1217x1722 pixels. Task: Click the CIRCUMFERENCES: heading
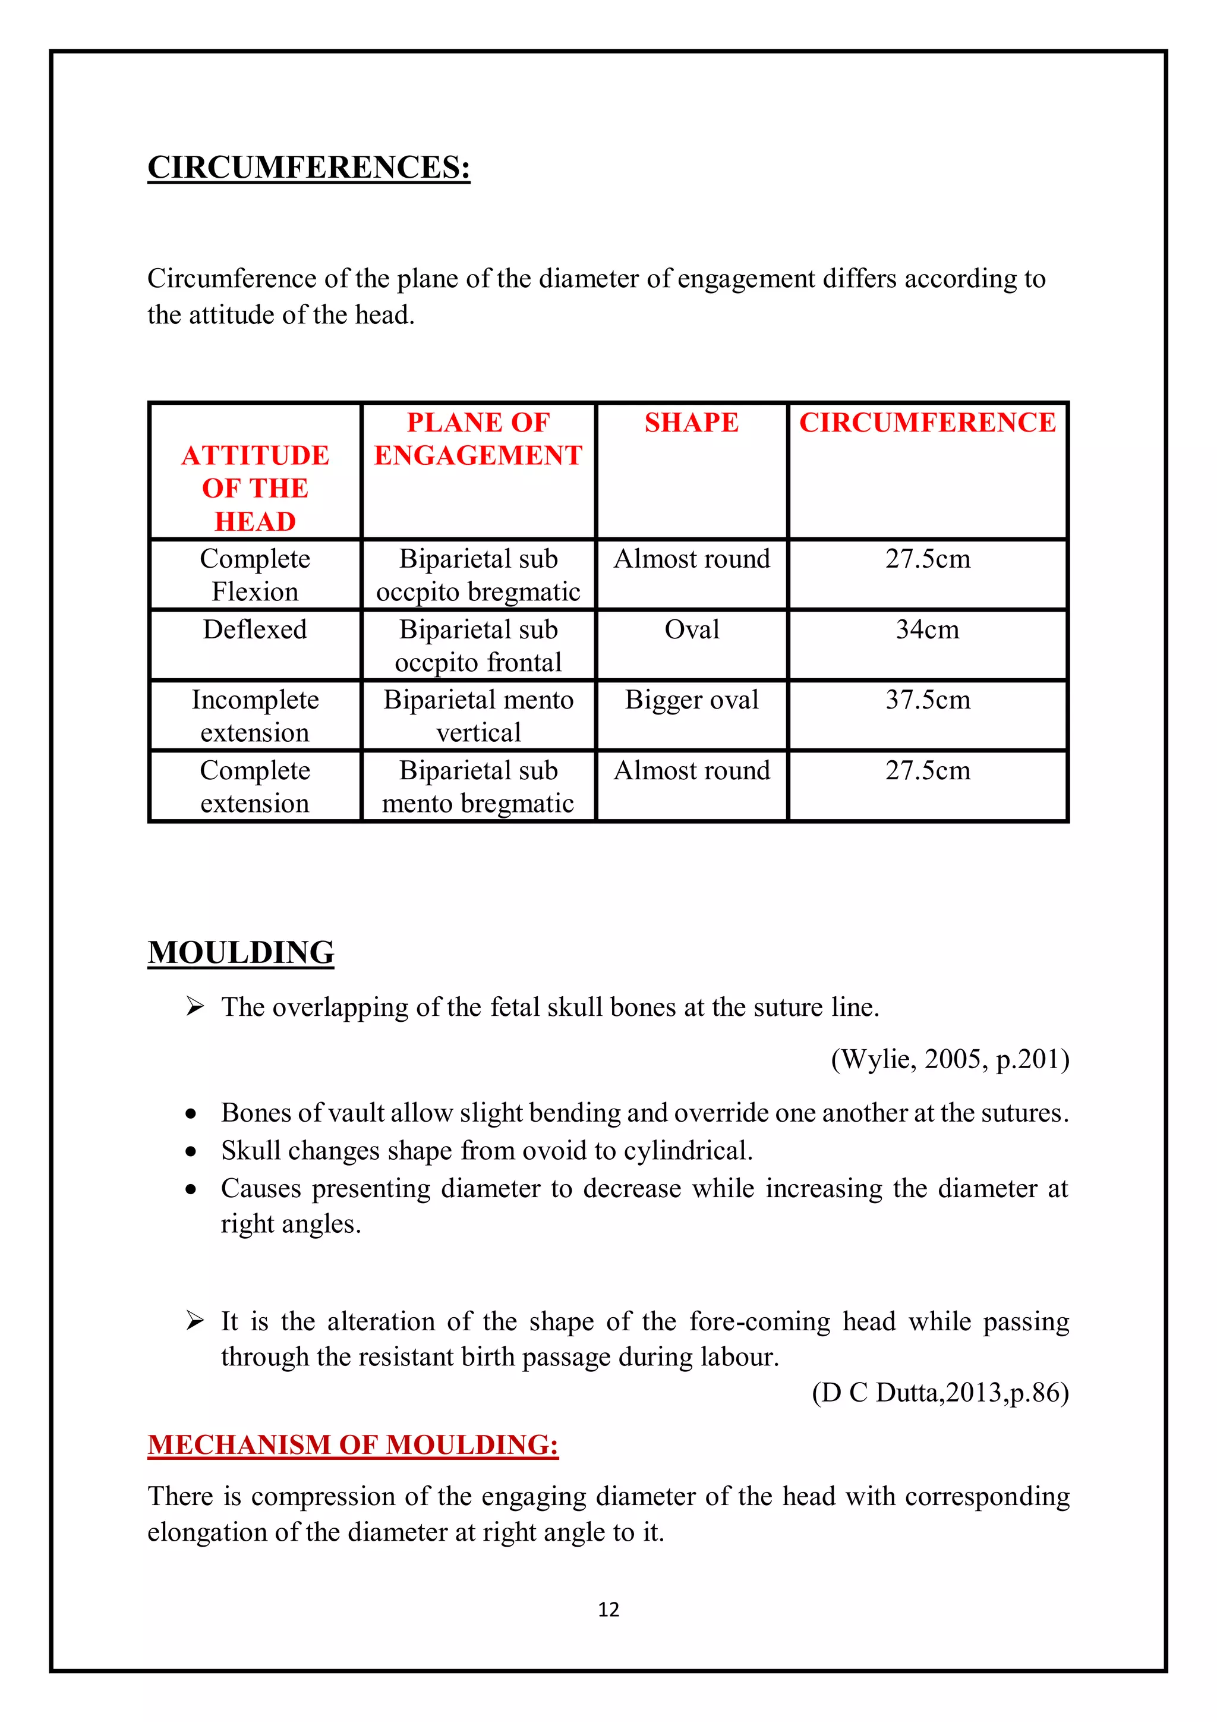pyautogui.click(x=308, y=167)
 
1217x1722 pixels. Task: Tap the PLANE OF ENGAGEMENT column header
pyautogui.click(x=478, y=439)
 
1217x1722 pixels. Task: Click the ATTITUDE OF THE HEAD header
pyautogui.click(x=255, y=487)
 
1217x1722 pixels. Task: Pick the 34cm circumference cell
pyautogui.click(x=927, y=629)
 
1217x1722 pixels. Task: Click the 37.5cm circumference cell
pyautogui.click(x=927, y=700)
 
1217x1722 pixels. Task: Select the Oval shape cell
pyautogui.click(x=691, y=629)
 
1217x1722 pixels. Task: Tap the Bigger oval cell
pyautogui.click(x=691, y=700)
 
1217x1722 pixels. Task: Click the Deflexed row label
pyautogui.click(x=255, y=629)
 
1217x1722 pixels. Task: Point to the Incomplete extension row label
pyautogui.click(x=255, y=716)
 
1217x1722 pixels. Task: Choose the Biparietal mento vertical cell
pyautogui.click(x=478, y=716)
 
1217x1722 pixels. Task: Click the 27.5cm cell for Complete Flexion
pyautogui.click(x=927, y=559)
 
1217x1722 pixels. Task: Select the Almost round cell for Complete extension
pyautogui.click(x=691, y=770)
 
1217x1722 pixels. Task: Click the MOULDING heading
pyautogui.click(x=241, y=952)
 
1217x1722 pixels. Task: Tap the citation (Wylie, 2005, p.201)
pyautogui.click(x=950, y=1059)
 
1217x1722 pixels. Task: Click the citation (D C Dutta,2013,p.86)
pyautogui.click(x=939, y=1393)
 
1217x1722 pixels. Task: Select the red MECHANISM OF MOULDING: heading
pyautogui.click(x=352, y=1444)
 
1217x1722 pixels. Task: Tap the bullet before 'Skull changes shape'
pyautogui.click(x=191, y=1151)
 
